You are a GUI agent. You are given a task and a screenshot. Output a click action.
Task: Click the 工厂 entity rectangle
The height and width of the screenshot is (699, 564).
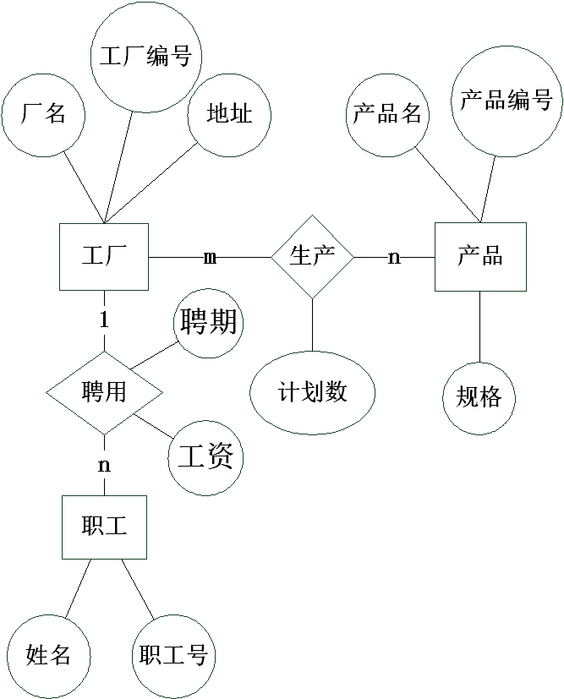pos(104,256)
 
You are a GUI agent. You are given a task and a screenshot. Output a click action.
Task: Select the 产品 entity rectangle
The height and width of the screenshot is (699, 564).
pos(480,256)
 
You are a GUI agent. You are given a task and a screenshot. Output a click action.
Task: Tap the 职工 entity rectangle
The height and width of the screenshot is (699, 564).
pos(104,527)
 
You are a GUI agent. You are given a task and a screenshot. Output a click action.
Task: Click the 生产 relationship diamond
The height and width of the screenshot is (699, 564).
pos(312,256)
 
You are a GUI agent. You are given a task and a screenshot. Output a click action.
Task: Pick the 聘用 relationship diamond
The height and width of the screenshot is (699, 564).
pos(104,392)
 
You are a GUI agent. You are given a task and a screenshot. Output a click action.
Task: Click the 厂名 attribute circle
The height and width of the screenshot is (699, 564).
pos(43,114)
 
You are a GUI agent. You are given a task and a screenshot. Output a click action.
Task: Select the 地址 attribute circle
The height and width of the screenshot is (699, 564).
pos(229,114)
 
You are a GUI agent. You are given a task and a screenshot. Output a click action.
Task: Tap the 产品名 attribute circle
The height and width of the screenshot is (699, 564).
pos(387,114)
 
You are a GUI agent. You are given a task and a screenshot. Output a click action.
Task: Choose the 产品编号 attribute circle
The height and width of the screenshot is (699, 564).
pos(507,101)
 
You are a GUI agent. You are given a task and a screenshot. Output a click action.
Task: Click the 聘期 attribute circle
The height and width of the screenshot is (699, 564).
pos(208,322)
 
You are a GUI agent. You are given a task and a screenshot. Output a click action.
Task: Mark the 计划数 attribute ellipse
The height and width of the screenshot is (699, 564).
pos(312,392)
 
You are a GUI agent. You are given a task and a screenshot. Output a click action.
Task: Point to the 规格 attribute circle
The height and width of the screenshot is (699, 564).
pos(479,397)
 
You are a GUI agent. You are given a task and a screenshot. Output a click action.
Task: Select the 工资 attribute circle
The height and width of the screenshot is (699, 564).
pos(205,457)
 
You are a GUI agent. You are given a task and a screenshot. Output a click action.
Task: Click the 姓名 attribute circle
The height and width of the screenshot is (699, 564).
pos(48,655)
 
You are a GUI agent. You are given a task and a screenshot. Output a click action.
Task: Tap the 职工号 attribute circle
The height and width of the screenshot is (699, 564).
pos(173,655)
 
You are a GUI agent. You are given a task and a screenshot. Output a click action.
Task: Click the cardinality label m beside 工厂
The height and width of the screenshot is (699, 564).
pos(210,256)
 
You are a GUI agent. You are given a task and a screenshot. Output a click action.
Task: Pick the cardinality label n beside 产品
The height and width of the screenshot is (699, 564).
pos(394,256)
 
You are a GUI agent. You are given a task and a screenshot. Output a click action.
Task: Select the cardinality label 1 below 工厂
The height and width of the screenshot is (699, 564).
pos(104,320)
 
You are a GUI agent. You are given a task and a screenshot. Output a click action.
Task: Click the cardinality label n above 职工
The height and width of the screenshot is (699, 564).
pos(104,465)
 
